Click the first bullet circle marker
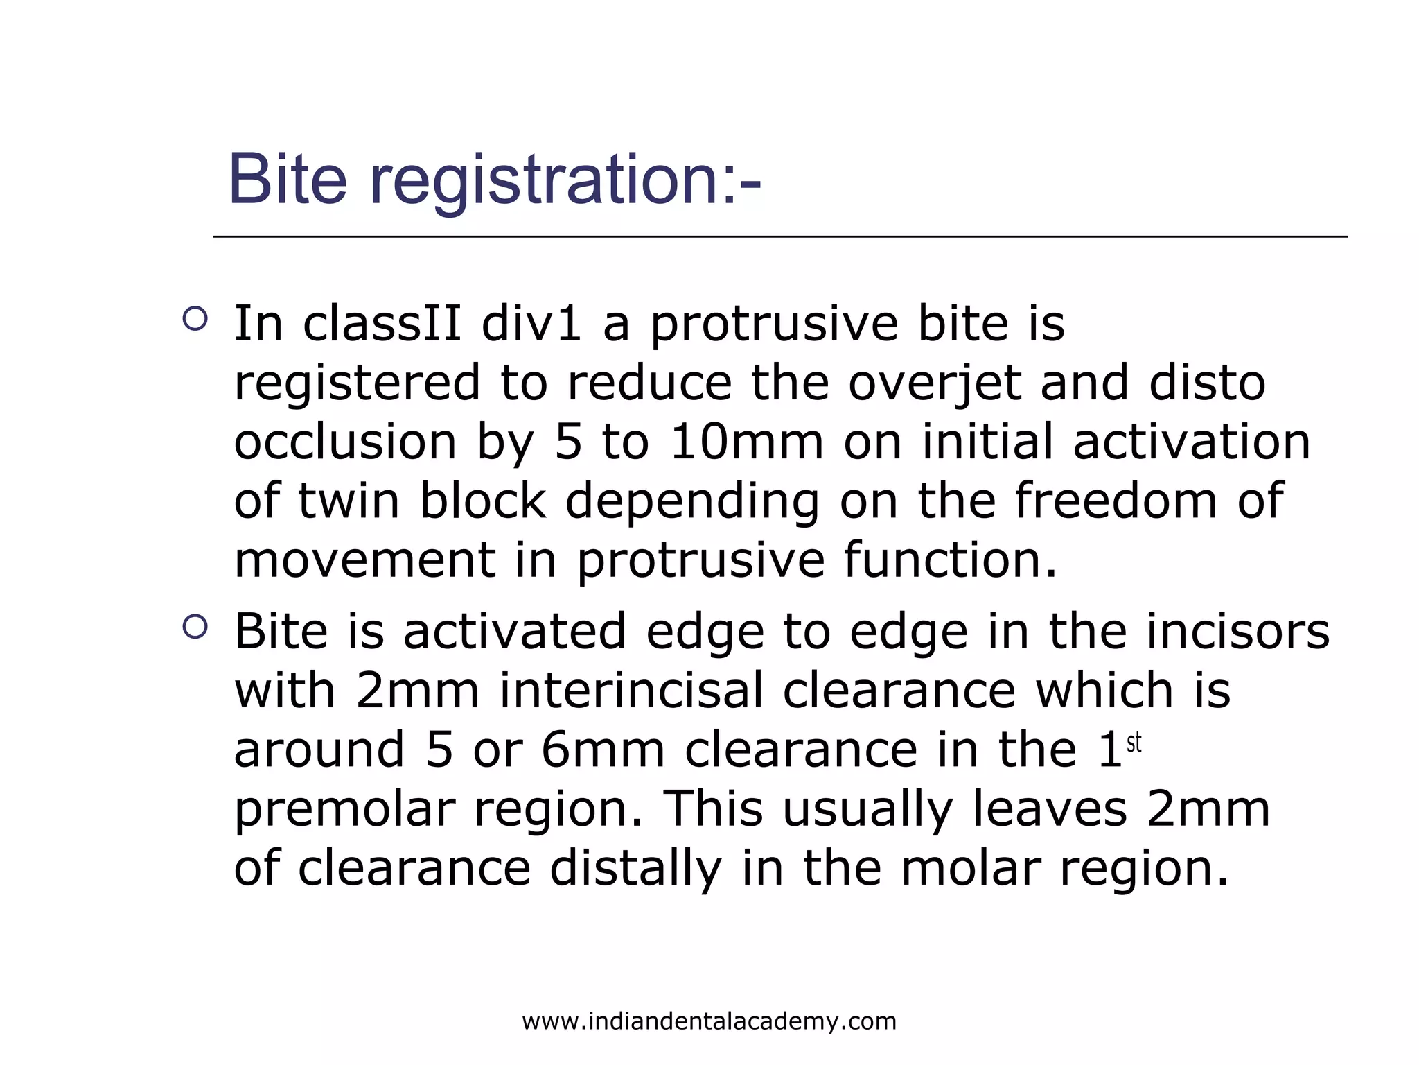[x=195, y=319]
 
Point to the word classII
[x=382, y=324]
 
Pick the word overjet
[x=935, y=383]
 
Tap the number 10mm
[x=747, y=442]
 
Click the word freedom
[x=1116, y=501]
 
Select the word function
[x=950, y=560]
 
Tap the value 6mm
[x=603, y=750]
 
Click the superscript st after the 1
[x=1134, y=743]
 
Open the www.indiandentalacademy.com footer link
[x=709, y=1021]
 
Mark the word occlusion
[x=345, y=442]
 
